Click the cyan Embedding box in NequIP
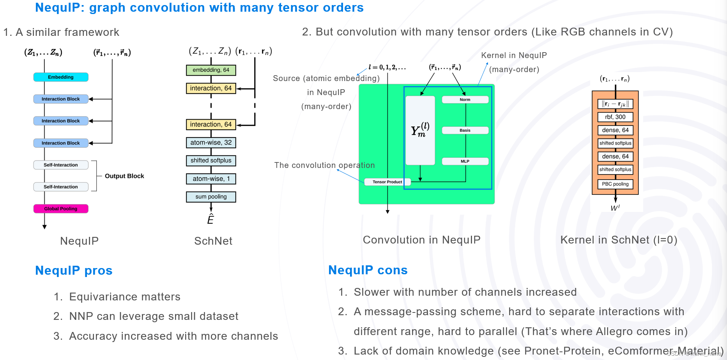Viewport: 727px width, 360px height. (x=61, y=77)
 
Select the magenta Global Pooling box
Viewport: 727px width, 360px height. (x=61, y=209)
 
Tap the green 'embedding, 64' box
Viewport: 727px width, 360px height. (x=211, y=70)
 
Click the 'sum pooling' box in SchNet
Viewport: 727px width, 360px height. (x=211, y=197)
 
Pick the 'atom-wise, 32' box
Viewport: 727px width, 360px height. (x=211, y=143)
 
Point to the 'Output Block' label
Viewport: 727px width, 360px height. (x=124, y=176)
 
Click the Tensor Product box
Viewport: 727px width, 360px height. (x=387, y=182)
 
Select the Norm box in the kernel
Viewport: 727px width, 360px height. (x=465, y=100)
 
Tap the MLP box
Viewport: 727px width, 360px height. (x=465, y=161)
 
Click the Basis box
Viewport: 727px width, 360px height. (x=465, y=131)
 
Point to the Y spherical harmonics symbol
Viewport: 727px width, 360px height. (x=420, y=130)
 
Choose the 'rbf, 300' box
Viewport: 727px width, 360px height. (x=615, y=117)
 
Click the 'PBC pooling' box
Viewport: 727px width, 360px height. (x=615, y=184)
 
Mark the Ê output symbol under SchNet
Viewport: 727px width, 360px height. (x=210, y=219)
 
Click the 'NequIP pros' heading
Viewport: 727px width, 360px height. (x=74, y=270)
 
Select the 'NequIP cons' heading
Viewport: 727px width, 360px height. (x=368, y=270)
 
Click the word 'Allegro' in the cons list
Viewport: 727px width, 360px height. (x=613, y=332)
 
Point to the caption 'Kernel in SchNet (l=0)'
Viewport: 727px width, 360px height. (x=619, y=240)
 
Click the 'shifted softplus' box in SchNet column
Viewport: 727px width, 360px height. (x=211, y=161)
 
